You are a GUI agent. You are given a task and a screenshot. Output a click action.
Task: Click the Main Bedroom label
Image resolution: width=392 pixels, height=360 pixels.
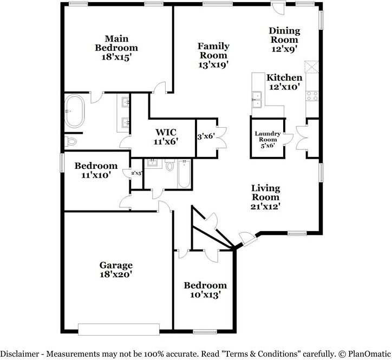[x=116, y=43]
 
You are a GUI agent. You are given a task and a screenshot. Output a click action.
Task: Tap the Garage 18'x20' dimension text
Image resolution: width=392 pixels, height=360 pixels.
[x=116, y=274]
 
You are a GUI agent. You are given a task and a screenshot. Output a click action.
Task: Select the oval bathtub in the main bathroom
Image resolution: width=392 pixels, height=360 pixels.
[x=74, y=112]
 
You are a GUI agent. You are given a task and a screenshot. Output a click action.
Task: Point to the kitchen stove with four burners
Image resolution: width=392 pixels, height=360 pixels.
[x=312, y=96]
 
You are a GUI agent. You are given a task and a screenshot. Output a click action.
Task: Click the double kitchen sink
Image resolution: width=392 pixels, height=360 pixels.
[x=257, y=100]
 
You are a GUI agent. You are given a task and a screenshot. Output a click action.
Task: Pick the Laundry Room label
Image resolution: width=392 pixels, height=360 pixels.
[x=267, y=136]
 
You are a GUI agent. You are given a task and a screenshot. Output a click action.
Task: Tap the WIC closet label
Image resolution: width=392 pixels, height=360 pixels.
[x=166, y=132]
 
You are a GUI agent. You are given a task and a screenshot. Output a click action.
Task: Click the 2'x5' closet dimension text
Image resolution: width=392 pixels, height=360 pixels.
[x=136, y=173]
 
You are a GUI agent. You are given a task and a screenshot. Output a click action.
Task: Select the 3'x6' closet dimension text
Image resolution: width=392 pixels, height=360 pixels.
[x=206, y=136]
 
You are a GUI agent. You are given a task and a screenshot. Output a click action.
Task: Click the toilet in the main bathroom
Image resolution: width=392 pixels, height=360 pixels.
[x=70, y=142]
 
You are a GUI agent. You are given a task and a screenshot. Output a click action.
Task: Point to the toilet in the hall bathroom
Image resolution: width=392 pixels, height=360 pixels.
[x=170, y=165]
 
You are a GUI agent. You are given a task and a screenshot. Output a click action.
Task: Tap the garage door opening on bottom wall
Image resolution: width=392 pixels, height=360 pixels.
[x=119, y=330]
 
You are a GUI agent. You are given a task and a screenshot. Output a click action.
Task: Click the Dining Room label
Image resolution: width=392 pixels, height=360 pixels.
[x=284, y=35]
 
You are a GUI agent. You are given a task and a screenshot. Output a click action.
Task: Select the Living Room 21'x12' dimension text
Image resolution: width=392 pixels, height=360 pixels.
[x=265, y=206]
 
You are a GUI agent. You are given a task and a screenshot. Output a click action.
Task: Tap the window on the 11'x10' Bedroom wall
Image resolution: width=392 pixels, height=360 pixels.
[x=62, y=162]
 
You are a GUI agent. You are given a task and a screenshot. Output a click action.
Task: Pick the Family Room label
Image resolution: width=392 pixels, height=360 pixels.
[x=213, y=50]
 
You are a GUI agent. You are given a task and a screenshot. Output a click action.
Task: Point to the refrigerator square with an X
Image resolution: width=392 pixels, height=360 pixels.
[x=311, y=67]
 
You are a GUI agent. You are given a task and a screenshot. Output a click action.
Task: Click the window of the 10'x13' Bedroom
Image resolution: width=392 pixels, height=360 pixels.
[x=205, y=331]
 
